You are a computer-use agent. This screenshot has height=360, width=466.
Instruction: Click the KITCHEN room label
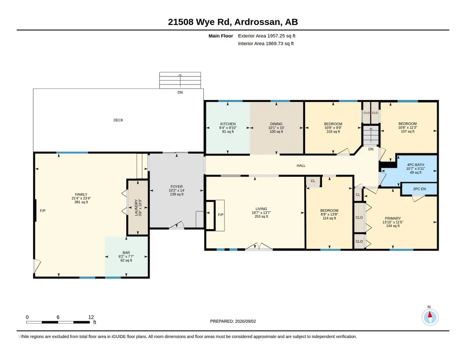(228, 124)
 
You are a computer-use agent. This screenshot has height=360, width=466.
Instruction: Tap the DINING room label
(276, 124)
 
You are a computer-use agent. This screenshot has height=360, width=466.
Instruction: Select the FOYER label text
(176, 186)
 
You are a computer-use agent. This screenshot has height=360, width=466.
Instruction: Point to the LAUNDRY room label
(136, 207)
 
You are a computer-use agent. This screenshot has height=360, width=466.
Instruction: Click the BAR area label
(126, 253)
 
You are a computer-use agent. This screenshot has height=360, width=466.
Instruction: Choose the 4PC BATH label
(416, 165)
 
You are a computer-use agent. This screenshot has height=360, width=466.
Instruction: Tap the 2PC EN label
(419, 189)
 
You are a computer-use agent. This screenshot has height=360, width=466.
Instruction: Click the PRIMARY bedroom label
(393, 218)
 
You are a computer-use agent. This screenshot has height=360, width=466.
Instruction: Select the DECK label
(118, 120)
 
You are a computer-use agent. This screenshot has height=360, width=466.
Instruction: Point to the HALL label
(301, 165)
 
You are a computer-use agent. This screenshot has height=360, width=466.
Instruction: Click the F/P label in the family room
(43, 210)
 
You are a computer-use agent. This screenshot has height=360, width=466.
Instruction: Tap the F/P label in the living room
(220, 215)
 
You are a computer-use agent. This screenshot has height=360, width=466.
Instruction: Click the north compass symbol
(430, 317)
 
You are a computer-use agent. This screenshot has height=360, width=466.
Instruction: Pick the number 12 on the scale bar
(91, 317)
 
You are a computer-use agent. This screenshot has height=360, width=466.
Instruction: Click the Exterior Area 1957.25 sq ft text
(266, 36)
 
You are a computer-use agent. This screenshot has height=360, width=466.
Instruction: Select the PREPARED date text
(233, 321)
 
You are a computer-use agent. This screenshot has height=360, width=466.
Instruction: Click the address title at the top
(233, 22)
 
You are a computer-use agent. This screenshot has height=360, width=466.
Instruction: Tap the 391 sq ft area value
(81, 202)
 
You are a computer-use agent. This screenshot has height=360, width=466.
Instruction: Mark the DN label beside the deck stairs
(180, 92)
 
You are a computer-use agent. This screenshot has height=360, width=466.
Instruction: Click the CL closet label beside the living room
(313, 181)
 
